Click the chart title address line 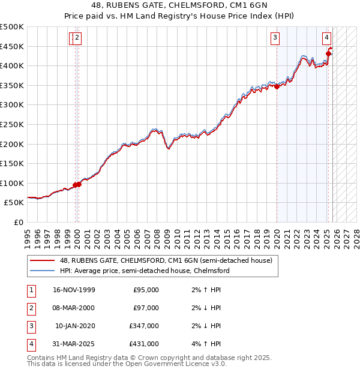179,5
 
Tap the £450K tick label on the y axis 12,46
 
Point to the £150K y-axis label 12,163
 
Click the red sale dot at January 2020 277,86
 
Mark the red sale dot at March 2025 328,53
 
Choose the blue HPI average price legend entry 145,271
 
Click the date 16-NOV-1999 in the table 73,290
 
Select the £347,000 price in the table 144,326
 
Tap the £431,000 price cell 144,344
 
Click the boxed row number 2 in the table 30,308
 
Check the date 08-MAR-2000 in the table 73,308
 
